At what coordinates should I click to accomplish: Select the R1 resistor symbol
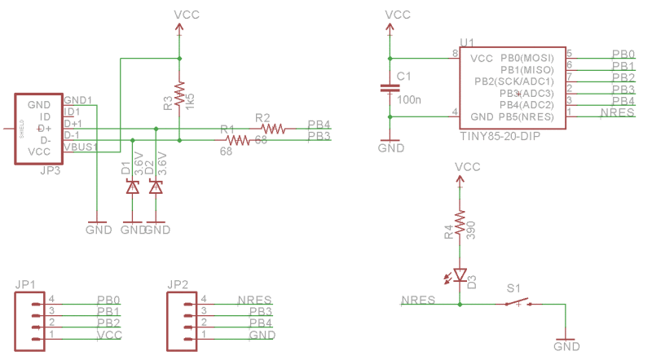click(236, 140)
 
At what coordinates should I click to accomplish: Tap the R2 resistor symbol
click(272, 128)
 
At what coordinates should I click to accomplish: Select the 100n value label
click(408, 99)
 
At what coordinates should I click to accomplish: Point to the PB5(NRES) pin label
click(526, 116)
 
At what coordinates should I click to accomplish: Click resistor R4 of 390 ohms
click(460, 221)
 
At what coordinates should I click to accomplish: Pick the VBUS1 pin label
click(80, 147)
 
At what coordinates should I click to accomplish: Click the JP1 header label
click(24, 284)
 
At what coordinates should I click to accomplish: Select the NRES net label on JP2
click(253, 301)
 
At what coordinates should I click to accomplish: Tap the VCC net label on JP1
click(108, 336)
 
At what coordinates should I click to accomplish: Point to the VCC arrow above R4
click(460, 182)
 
